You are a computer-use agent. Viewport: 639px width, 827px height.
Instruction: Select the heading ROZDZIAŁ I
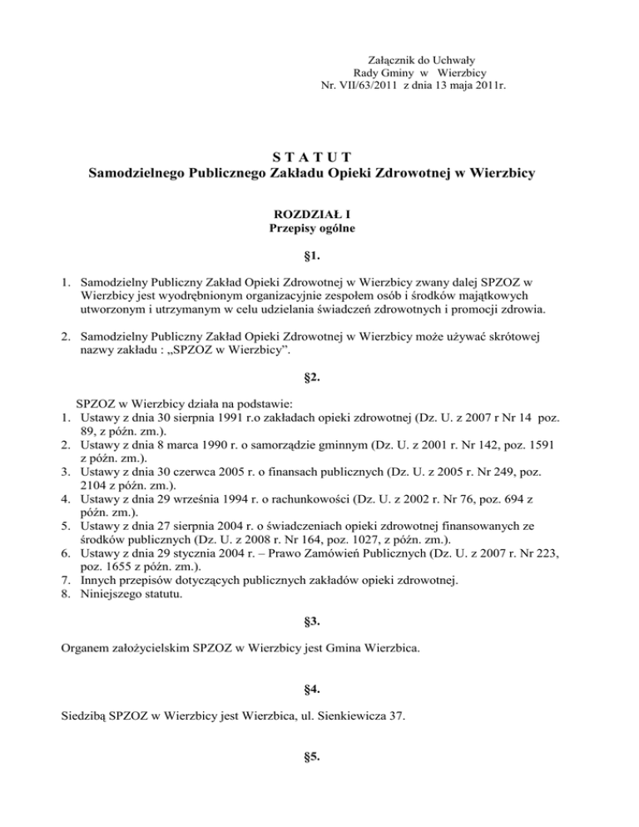coord(319,214)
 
